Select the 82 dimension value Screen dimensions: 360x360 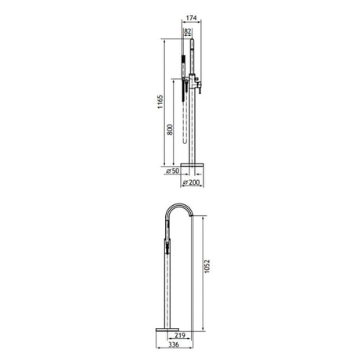click(x=188, y=31)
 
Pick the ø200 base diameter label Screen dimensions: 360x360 click(x=191, y=182)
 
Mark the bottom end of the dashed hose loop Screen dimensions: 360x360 click(x=185, y=142)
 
